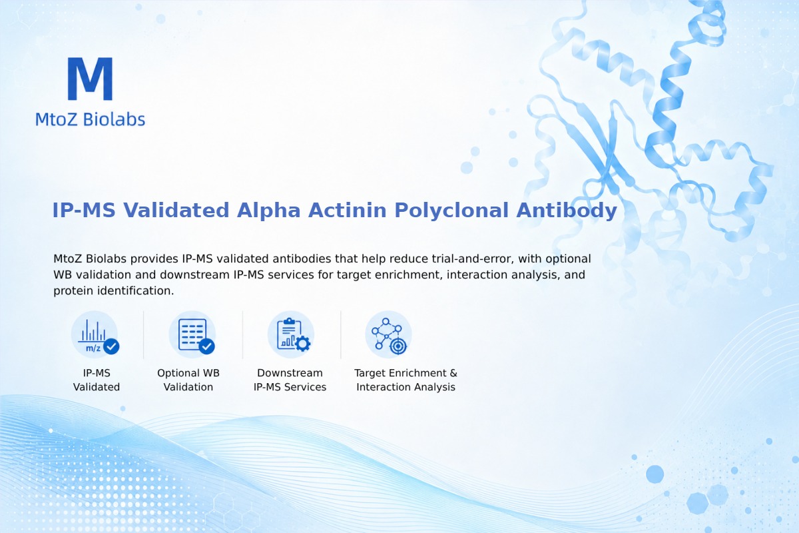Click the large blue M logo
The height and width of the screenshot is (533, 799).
tap(91, 79)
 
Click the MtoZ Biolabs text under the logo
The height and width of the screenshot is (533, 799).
tap(91, 119)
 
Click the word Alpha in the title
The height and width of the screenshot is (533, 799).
tap(268, 210)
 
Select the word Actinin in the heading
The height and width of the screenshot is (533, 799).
tap(348, 210)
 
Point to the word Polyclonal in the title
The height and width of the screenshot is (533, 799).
tap(451, 210)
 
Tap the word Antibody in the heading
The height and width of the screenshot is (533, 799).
tap(567, 210)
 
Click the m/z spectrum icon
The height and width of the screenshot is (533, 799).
tap(95, 334)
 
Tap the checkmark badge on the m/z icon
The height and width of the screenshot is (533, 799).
tap(111, 346)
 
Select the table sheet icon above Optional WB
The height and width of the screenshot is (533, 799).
tap(192, 334)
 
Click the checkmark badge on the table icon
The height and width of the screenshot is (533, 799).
tap(206, 346)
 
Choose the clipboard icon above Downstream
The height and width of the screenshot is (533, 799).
tap(291, 334)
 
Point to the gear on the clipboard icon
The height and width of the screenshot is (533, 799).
tap(303, 344)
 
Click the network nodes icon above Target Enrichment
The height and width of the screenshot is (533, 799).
tap(388, 334)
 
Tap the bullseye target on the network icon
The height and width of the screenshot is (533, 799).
tap(398, 346)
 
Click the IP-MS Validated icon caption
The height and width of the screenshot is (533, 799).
tap(97, 380)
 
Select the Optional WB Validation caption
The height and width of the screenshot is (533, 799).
tap(188, 380)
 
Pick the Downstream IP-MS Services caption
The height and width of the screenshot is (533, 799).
tap(290, 380)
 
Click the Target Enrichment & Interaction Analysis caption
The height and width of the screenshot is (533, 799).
tap(405, 380)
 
